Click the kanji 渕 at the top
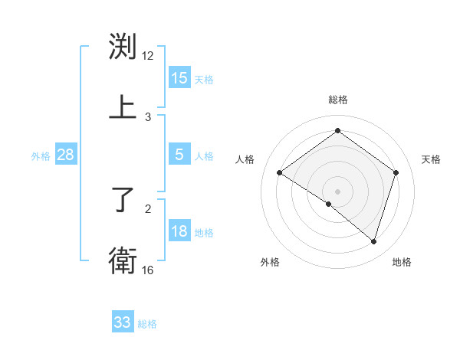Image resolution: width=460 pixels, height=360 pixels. [123, 48]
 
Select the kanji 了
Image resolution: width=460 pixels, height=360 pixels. [123, 201]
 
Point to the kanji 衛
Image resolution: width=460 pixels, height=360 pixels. [123, 261]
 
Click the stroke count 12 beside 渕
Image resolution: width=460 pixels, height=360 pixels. [148, 56]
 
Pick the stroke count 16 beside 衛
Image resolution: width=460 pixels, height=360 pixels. [148, 270]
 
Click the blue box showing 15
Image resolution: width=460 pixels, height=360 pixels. [179, 78]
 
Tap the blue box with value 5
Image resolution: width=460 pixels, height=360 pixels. [179, 155]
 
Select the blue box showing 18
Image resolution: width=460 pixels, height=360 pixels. [179, 231]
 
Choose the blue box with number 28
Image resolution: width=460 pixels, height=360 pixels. [66, 155]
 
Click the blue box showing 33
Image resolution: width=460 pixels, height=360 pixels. [123, 322]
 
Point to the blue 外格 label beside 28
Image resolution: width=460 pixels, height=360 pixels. [41, 156]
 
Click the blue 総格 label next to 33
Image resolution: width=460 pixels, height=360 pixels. [147, 324]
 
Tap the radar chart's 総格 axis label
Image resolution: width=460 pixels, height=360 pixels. [338, 100]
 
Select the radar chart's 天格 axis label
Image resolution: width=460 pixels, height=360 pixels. [431, 159]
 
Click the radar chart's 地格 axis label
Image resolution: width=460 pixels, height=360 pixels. [402, 263]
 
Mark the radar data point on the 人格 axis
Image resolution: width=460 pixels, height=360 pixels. [279, 173]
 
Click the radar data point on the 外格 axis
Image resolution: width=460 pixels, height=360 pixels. [329, 204]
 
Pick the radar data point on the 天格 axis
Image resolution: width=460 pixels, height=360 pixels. [396, 173]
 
